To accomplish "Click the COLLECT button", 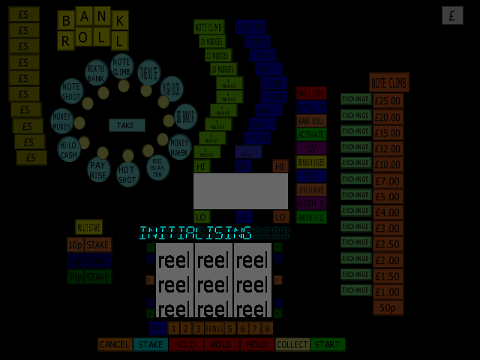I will tap(292, 344).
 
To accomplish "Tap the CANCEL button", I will tap(115, 344).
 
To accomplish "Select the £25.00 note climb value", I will tap(388, 100).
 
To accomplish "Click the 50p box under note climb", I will tap(387, 307).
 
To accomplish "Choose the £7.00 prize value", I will tap(388, 181).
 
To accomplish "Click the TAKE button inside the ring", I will tap(126, 125).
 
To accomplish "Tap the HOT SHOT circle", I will tap(128, 174).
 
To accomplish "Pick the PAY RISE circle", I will tap(99, 169).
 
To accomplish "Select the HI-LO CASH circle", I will tap(68, 149).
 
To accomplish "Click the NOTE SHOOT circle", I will tap(71, 91).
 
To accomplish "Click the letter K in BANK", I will tap(120, 20).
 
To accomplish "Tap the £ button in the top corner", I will tap(452, 15).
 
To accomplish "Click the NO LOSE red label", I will tap(311, 93).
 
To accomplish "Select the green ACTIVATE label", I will tap(311, 134).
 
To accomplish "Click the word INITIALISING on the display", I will tap(195, 233).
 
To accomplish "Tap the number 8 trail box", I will tap(267, 328).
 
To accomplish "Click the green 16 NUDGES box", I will tap(213, 41).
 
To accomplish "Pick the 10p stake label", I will tap(75, 245).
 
